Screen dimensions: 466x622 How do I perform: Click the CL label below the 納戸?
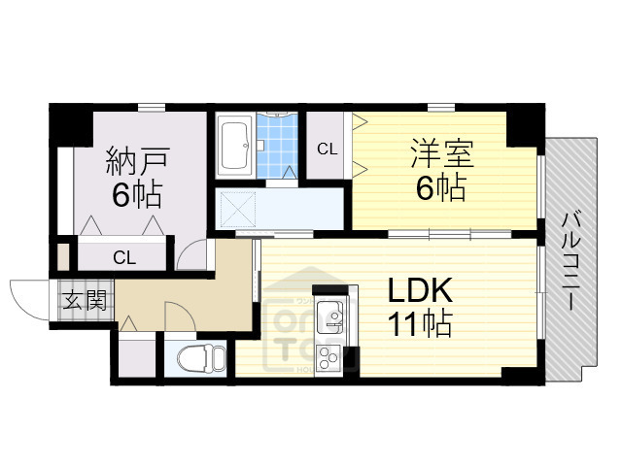[123, 257]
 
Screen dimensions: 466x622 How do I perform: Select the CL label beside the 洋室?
[328, 149]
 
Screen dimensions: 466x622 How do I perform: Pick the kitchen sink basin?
[330, 316]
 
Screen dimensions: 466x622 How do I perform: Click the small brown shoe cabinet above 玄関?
[63, 257]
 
